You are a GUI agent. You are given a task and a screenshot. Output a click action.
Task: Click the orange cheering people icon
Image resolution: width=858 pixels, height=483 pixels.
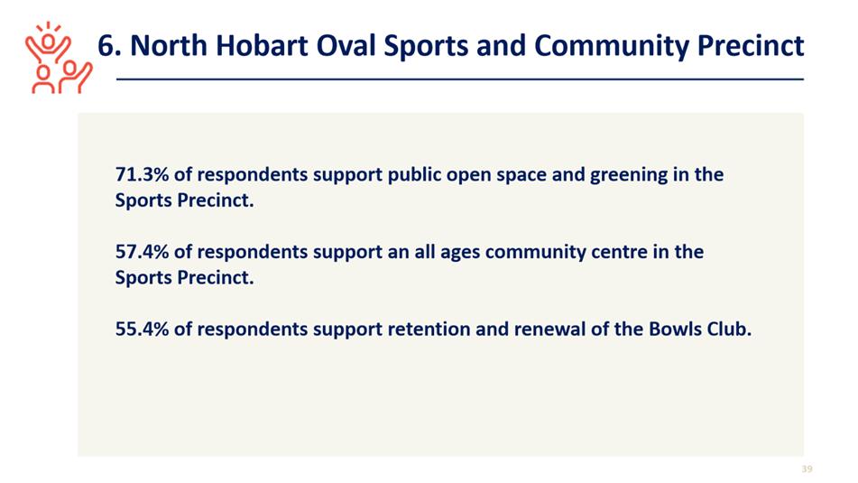[59, 58]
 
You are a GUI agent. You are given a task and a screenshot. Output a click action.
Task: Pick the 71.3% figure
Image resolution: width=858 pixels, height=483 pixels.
[142, 174]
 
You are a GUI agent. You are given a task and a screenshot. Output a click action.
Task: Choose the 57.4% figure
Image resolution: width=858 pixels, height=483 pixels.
[142, 252]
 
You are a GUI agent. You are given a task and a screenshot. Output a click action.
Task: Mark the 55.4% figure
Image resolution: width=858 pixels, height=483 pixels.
[142, 330]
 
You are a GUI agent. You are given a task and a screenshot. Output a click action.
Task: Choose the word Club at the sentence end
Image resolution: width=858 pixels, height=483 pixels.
[729, 330]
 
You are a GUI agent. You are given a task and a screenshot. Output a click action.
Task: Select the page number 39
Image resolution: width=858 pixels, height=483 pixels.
[807, 469]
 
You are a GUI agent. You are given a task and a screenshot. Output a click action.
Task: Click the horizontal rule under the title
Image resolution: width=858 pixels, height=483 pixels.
[459, 79]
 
